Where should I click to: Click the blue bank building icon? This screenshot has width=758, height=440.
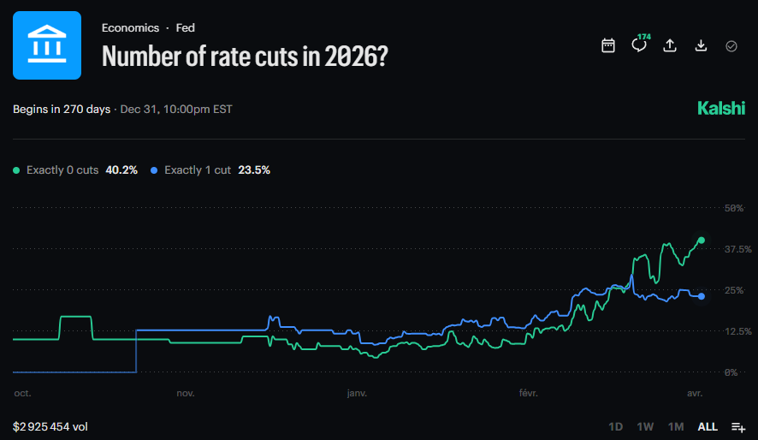tap(47, 45)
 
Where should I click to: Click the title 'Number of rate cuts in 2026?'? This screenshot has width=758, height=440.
tap(246, 56)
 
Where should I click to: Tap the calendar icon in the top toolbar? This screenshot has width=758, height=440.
tap(608, 45)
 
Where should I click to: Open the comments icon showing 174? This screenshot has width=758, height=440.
tap(639, 45)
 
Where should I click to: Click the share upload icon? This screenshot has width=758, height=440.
tap(670, 45)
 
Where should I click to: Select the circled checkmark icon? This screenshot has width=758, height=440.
tap(731, 45)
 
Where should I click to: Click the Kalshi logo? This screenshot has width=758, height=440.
tap(721, 109)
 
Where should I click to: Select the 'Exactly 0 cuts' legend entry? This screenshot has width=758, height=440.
tap(75, 170)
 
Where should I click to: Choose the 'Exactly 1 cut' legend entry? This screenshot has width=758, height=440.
tap(210, 170)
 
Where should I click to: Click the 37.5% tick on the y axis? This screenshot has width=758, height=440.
tap(738, 249)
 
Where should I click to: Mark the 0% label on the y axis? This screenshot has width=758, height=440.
tap(731, 372)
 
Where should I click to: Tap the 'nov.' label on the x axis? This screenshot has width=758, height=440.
tap(185, 394)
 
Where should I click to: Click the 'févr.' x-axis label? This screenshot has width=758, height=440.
tap(529, 394)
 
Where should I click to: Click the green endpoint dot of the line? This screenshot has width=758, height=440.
tap(702, 241)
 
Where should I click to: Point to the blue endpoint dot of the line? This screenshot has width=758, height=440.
tap(702, 296)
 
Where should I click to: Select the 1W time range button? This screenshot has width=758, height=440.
tap(645, 426)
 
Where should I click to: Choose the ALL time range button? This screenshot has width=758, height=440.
tap(708, 426)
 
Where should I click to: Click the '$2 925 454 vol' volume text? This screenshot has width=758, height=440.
tap(50, 426)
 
